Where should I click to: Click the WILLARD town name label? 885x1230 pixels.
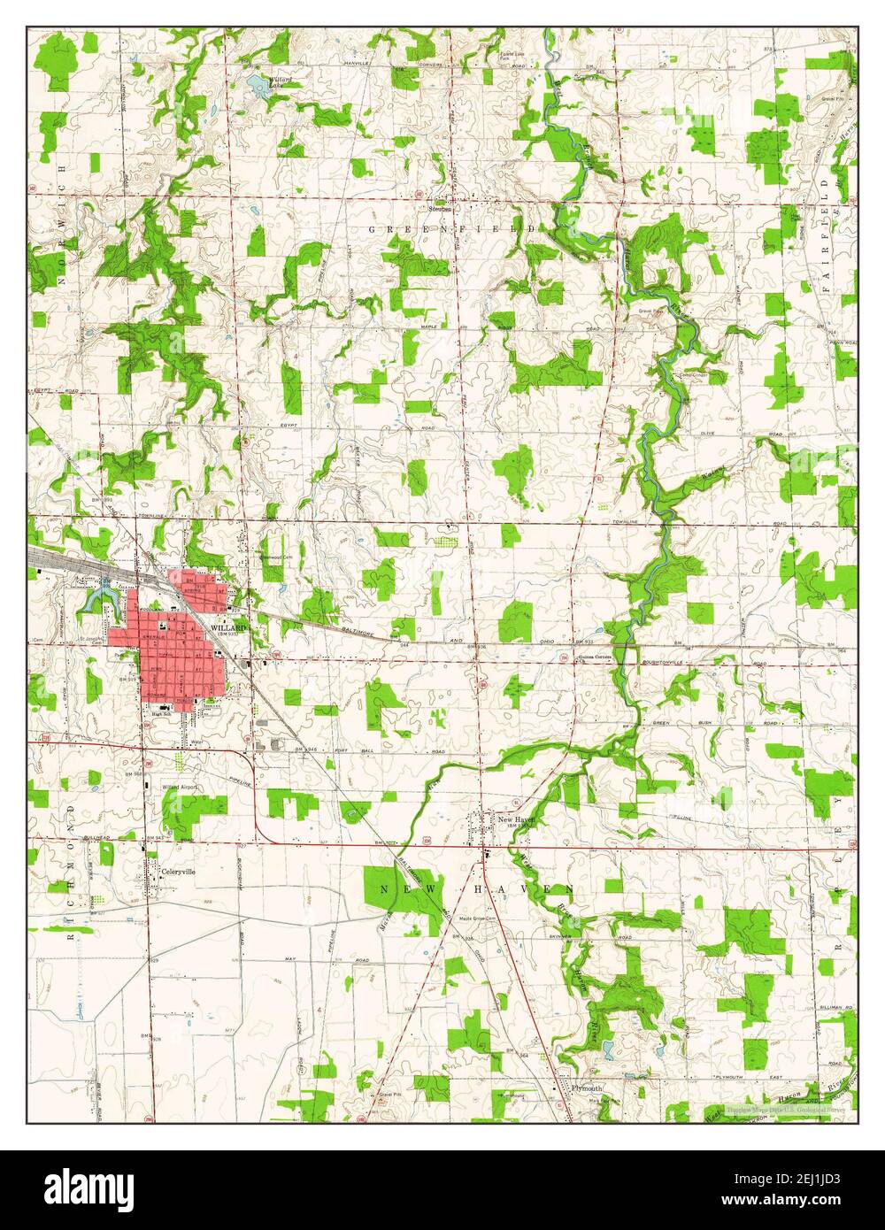point(227,627)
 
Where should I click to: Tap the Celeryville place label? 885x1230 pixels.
point(178,871)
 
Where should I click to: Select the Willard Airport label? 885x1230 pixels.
point(182,786)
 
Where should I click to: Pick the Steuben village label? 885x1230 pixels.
point(441,210)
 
